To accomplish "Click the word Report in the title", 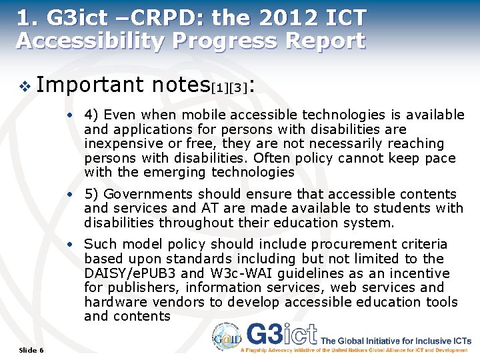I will (325, 41).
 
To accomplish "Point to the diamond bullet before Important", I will (25, 85).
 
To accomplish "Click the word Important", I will (90, 84).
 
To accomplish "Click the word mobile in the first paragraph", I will (203, 115).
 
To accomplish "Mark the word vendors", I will (178, 302).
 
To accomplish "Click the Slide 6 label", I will (31, 350).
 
